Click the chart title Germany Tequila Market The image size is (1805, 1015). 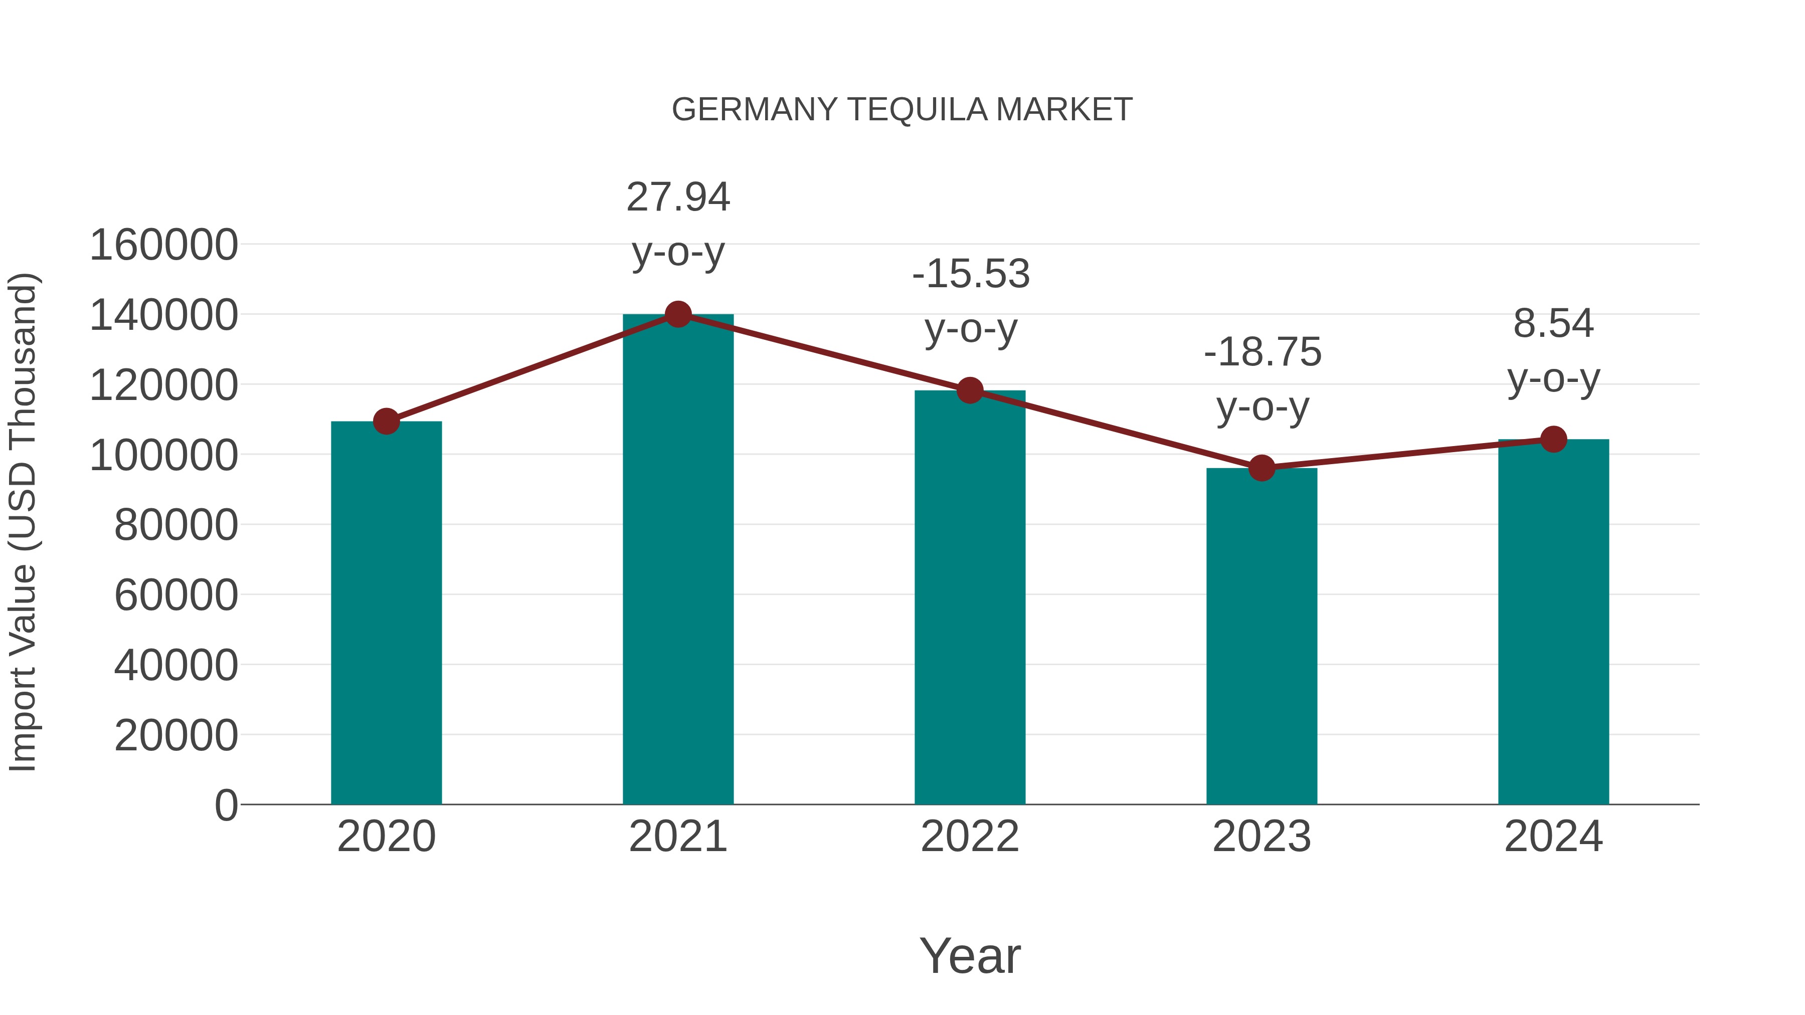pyautogui.click(x=902, y=110)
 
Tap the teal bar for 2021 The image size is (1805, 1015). pyautogui.click(x=677, y=560)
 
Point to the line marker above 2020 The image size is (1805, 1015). pyautogui.click(x=386, y=422)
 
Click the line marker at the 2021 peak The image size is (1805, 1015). pyautogui.click(x=677, y=314)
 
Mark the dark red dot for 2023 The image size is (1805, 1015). pyautogui.click(x=1261, y=468)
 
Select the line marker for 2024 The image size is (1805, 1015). pyautogui.click(x=1553, y=439)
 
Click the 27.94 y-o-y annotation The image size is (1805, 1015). pyautogui.click(x=677, y=224)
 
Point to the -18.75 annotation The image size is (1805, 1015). pyautogui.click(x=1262, y=379)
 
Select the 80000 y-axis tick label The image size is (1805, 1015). pyautogui.click(x=176, y=525)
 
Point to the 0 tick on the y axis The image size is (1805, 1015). pyautogui.click(x=226, y=805)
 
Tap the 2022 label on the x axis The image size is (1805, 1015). pyautogui.click(x=970, y=837)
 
